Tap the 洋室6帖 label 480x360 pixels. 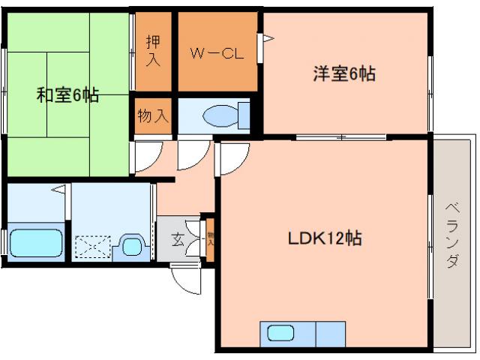(x=344, y=73)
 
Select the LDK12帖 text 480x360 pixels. (x=325, y=238)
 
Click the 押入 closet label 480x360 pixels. (x=153, y=52)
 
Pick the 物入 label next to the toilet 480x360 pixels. (x=153, y=116)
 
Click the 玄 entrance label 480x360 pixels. (x=178, y=241)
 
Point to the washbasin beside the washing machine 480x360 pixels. (x=131, y=244)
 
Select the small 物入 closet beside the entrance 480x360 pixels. (x=211, y=241)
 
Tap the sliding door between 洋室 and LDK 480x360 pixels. (x=341, y=136)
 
